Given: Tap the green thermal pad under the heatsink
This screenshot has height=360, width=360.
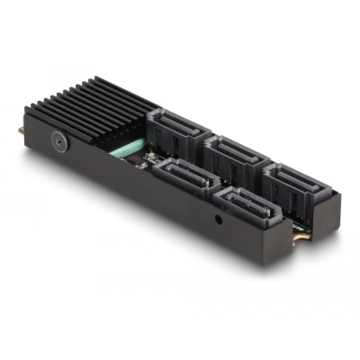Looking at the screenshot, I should click(124, 145).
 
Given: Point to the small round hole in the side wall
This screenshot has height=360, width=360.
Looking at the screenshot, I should click(220, 219).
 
